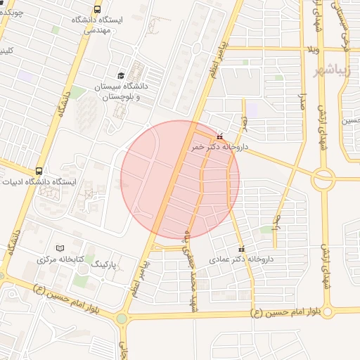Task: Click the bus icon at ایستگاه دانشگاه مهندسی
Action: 96,9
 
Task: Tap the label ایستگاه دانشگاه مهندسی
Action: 97,25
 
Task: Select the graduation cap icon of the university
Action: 120,75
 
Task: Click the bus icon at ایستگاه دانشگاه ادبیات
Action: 38,170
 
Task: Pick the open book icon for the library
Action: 60,248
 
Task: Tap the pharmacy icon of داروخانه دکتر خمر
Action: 221,136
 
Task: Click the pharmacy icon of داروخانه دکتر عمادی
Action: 243,249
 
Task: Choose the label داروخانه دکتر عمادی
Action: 240,259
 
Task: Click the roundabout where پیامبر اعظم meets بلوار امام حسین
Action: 122,319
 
